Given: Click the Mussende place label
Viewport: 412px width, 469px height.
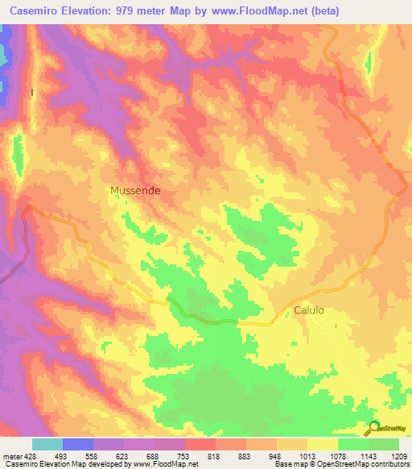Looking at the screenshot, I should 134,191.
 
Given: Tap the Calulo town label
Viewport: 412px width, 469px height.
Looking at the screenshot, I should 308,310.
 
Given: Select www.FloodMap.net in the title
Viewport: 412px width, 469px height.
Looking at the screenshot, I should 242,11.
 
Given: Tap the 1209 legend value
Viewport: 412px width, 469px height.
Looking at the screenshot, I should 397,455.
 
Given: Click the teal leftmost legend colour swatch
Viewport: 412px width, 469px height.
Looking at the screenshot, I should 47,444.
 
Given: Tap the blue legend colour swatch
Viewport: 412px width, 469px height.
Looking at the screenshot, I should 77,444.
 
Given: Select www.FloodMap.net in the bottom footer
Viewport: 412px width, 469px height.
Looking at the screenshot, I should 166,464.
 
